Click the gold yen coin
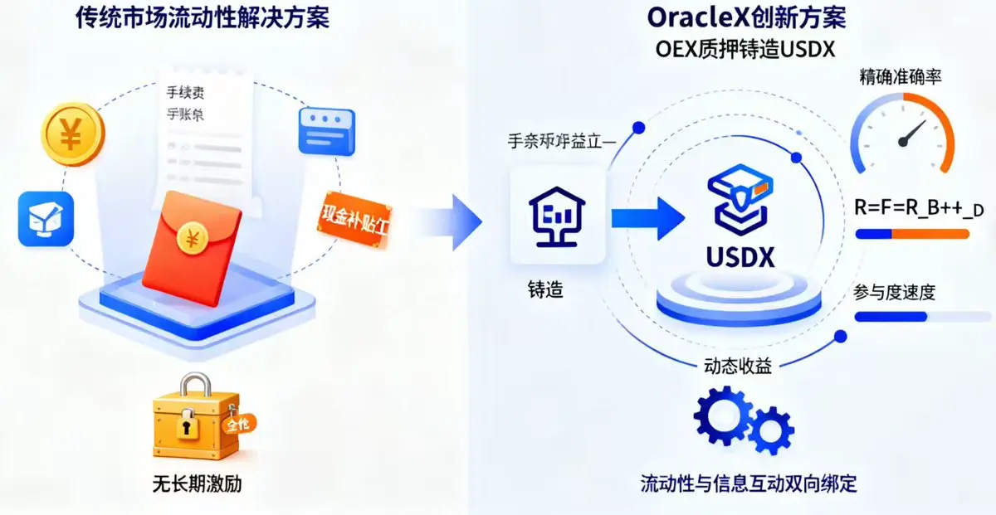pyautogui.click(x=71, y=132)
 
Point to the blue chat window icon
pyautogui.click(x=326, y=129)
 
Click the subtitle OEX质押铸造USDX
pyautogui.click(x=745, y=48)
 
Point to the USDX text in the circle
pyautogui.click(x=739, y=256)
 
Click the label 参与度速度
pyautogui.click(x=894, y=292)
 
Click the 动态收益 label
pyautogui.click(x=738, y=365)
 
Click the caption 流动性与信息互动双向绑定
pyautogui.click(x=748, y=483)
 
